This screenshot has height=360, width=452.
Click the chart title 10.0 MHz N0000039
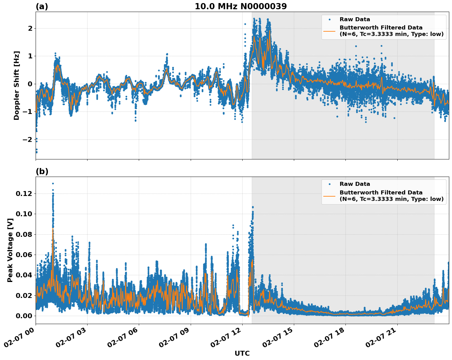pyautogui.click(x=241, y=6)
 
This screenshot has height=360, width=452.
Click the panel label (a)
pyautogui.click(x=42, y=6)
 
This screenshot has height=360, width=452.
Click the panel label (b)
pyautogui.click(x=42, y=171)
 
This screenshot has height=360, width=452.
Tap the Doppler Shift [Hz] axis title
pyautogui.click(x=17, y=85)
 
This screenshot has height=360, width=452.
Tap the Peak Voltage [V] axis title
pyautogui.click(x=10, y=250)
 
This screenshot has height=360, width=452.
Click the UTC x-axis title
pyautogui.click(x=242, y=353)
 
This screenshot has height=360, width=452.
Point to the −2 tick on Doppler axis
pyautogui.click(x=28, y=139)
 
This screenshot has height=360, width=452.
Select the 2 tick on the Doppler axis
pyautogui.click(x=30, y=28)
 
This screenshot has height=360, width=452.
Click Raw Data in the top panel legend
pyautogui.click(x=355, y=19)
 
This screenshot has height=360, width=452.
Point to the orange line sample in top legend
pyautogui.click(x=329, y=31)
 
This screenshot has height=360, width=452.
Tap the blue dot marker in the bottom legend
pyautogui.click(x=329, y=184)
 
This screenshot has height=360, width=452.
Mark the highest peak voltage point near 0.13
pyautogui.click(x=53, y=183)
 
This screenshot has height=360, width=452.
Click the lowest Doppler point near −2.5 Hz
pyautogui.click(x=36, y=152)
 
